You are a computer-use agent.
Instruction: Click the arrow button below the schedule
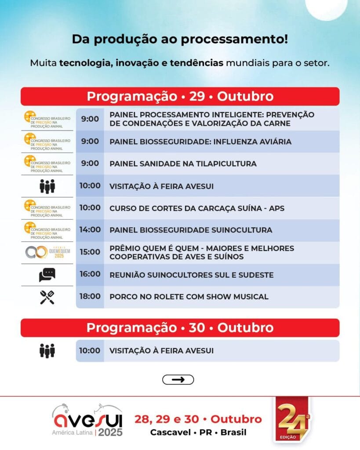coord(178,380)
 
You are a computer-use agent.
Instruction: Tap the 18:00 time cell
coord(90,296)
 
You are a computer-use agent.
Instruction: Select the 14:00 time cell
coord(90,229)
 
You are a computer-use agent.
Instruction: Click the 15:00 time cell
coord(90,252)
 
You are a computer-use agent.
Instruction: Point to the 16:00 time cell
coord(90,274)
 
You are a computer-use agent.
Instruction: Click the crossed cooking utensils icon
coord(47,297)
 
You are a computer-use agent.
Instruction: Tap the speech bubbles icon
coord(47,275)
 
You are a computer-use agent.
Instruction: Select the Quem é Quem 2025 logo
coord(47,252)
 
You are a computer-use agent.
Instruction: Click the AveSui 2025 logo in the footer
coord(87,421)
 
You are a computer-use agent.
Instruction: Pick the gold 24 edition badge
coord(292,421)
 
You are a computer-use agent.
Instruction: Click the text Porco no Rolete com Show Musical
coord(189,297)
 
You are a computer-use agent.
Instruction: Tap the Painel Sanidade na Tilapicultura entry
coord(183,163)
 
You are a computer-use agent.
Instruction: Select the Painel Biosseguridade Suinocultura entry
coord(191,230)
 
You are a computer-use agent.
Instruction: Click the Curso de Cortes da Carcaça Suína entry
coord(197,208)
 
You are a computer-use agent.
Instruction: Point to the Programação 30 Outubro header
coord(180,328)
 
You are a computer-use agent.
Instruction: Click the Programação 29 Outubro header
coord(180,96)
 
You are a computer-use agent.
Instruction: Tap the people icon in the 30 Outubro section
coord(47,351)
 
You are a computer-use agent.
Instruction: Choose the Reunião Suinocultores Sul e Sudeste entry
coord(192,275)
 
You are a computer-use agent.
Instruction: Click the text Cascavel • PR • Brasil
coord(198,432)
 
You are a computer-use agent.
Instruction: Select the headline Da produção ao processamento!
coord(180,39)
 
